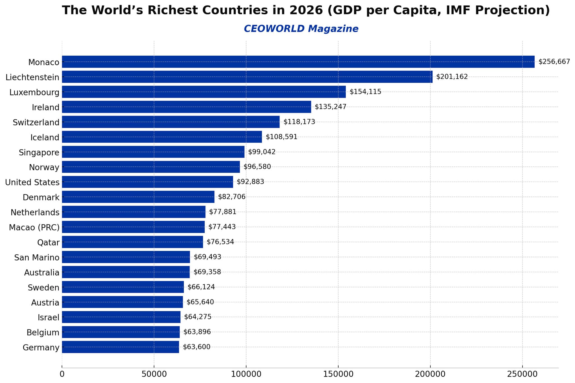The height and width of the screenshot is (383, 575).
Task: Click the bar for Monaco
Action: click(298, 62)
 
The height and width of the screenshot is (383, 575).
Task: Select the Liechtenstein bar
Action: click(247, 77)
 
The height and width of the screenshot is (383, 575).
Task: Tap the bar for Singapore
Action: click(153, 152)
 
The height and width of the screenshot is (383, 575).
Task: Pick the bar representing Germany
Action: click(120, 347)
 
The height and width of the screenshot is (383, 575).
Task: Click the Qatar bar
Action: click(132, 242)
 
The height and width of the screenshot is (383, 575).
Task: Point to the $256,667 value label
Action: click(554, 62)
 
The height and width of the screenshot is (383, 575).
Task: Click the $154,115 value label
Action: click(365, 92)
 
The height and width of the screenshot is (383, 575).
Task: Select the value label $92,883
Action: click(250, 182)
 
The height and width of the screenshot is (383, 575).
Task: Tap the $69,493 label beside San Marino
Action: click(207, 257)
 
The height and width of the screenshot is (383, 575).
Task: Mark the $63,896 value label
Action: click(197, 332)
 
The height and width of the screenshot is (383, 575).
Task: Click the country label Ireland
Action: click(45, 107)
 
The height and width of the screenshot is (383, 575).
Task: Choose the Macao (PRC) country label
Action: click(34, 227)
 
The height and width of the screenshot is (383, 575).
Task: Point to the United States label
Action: click(32, 182)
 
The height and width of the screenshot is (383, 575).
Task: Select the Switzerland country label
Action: click(36, 123)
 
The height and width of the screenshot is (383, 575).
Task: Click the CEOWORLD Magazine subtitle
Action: click(301, 29)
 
